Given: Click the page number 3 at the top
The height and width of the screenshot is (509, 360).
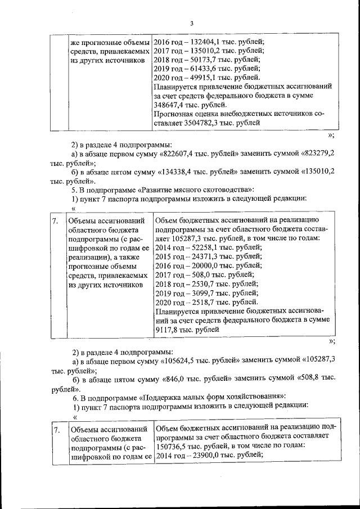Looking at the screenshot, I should [191, 23].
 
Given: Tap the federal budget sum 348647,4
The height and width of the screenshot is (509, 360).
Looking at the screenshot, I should [170, 105].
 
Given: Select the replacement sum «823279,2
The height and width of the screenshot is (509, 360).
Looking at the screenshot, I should [318, 154].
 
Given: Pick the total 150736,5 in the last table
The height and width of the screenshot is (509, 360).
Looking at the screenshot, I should [172, 444].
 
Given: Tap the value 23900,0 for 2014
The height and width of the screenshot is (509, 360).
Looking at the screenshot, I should [204, 454].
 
